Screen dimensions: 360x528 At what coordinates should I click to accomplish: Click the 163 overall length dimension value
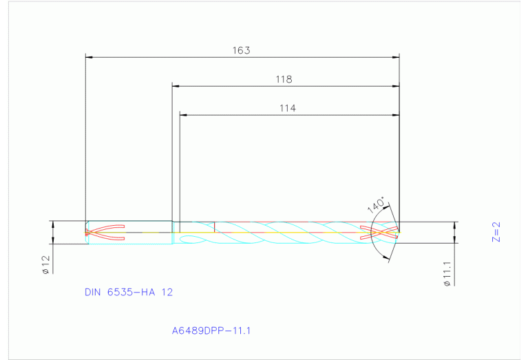[x=241, y=50]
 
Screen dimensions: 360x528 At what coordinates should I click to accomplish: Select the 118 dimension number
[x=284, y=79]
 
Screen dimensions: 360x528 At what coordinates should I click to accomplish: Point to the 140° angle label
[x=375, y=204]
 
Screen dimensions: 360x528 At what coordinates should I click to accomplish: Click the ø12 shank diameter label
[x=45, y=265]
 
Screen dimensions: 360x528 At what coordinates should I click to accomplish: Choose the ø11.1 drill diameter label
[x=447, y=272]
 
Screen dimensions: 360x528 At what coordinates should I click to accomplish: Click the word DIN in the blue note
[x=92, y=292]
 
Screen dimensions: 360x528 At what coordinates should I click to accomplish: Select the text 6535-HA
[x=132, y=292]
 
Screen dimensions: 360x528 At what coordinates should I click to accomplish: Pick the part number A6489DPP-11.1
[x=211, y=330]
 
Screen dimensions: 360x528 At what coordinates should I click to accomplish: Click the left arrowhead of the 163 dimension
[x=87, y=57]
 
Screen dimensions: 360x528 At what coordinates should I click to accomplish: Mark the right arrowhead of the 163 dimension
[x=396, y=57]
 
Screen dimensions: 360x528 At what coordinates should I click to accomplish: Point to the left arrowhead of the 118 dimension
[x=176, y=86]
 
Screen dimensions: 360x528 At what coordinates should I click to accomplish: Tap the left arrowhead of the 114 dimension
[x=183, y=114]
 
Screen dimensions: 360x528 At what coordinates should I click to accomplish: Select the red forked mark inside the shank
[x=103, y=233]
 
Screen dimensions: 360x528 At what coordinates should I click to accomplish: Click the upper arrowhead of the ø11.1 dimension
[x=455, y=225]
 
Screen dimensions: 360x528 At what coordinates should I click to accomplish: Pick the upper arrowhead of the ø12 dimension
[x=52, y=224]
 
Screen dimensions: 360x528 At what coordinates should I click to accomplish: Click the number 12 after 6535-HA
[x=167, y=292]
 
